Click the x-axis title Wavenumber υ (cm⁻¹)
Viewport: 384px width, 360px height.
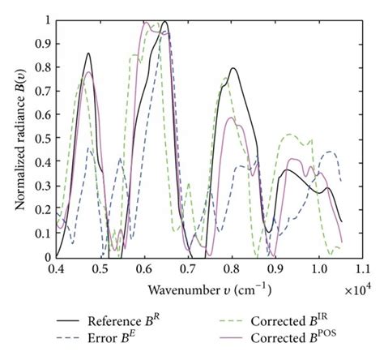point(209,289)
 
